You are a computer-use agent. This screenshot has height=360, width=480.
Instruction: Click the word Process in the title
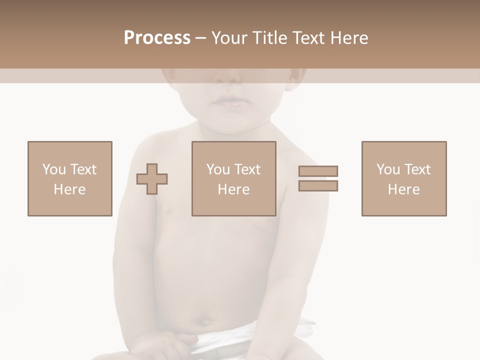tap(157, 38)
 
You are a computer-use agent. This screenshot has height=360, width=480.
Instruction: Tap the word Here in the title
tap(348, 38)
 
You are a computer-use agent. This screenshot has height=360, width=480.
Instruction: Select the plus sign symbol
tap(152, 179)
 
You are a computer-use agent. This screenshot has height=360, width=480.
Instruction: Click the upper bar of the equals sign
tap(318, 171)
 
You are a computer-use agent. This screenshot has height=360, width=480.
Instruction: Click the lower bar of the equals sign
tap(318, 186)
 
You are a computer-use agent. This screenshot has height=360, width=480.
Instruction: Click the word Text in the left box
tap(84, 169)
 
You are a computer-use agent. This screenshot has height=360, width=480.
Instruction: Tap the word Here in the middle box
tap(233, 189)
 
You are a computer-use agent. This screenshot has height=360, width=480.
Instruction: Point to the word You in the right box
tap(388, 169)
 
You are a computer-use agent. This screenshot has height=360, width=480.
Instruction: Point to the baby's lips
tap(228, 101)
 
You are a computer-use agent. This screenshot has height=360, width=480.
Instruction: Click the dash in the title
tap(200, 38)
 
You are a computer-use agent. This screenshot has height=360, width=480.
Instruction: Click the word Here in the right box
tap(404, 189)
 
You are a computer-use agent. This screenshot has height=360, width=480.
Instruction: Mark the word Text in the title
tap(308, 38)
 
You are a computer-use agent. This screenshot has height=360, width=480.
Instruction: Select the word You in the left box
tap(54, 169)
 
